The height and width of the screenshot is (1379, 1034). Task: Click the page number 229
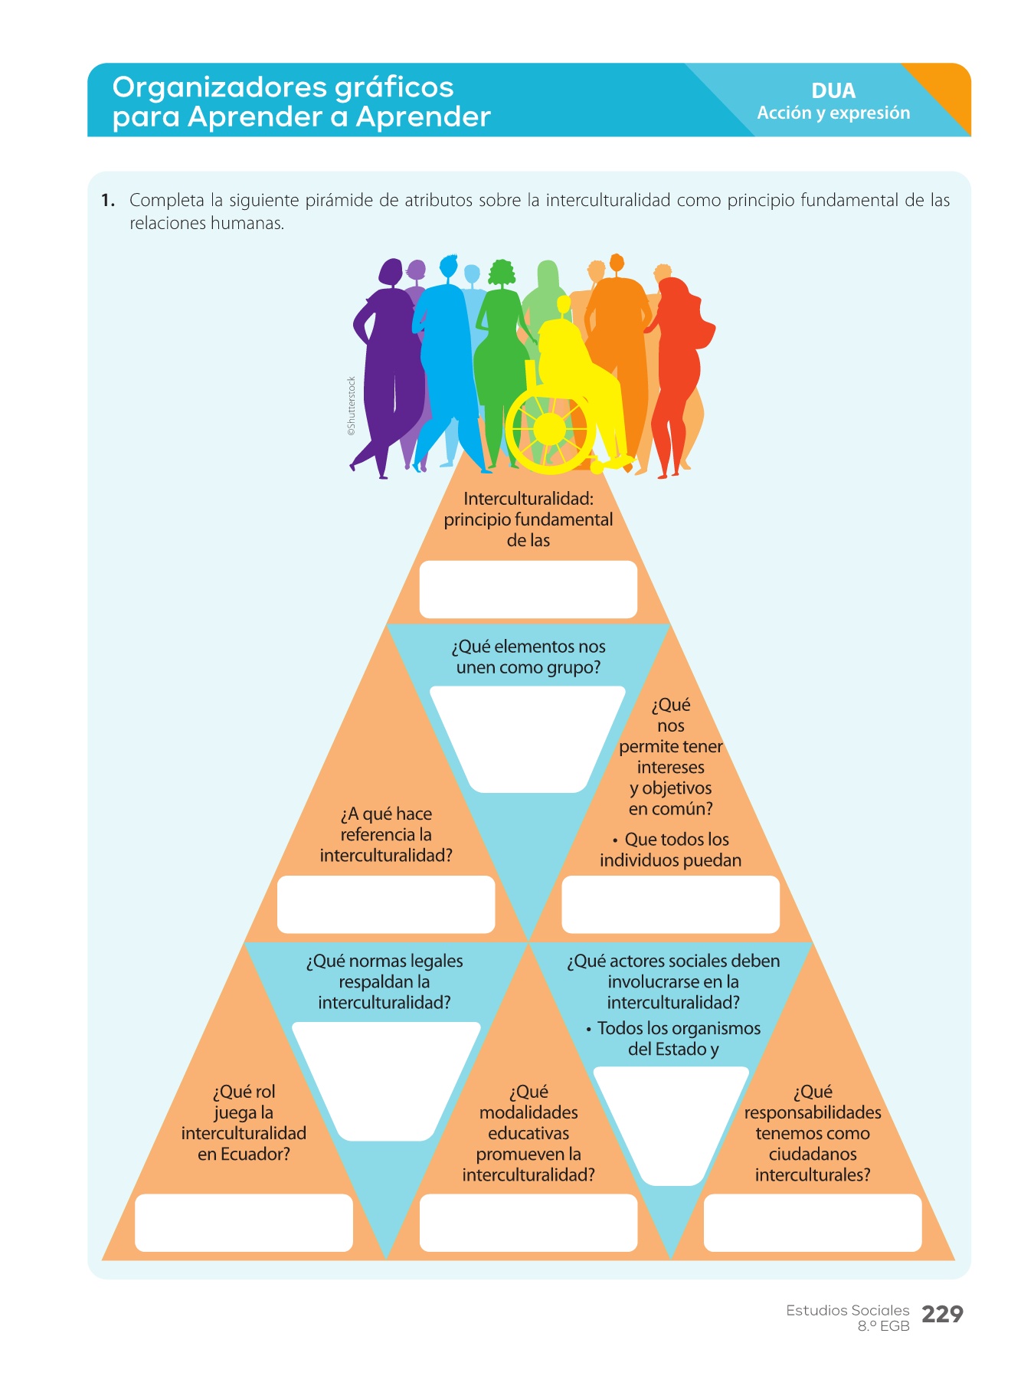pos(941,1314)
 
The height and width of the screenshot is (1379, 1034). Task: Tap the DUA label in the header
pos(833,90)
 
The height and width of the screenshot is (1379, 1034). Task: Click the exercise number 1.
pos(107,201)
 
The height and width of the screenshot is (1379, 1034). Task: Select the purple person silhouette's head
pos(391,271)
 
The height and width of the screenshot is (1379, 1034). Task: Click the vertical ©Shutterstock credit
pos(352,406)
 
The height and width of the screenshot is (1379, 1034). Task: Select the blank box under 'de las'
pos(528,589)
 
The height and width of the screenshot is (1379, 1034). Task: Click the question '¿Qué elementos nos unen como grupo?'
pos(528,657)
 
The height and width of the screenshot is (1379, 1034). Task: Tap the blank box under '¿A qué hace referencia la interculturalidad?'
pos(385,904)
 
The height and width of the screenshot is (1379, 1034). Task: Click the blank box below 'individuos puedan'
pos(670,904)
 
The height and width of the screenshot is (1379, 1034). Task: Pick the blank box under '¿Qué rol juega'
pos(244,1222)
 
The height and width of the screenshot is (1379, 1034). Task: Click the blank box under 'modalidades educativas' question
pos(528,1222)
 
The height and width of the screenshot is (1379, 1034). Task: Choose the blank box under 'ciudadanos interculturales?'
pos(812,1222)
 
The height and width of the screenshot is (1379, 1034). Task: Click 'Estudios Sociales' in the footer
pos(847,1310)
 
